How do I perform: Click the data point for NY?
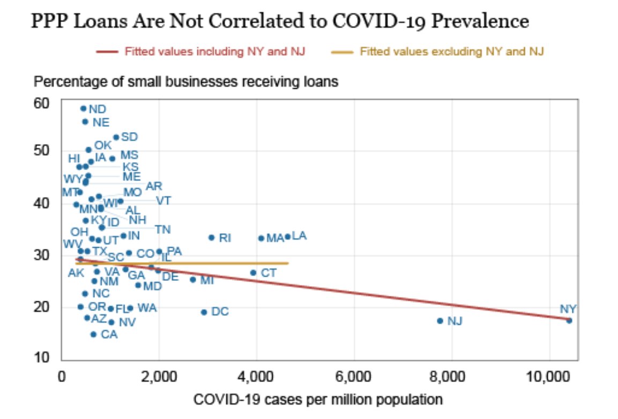[569, 321]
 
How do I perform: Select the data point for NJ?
[440, 321]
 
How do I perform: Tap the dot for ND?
[83, 109]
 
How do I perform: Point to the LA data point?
[287, 237]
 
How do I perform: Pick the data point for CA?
[93, 334]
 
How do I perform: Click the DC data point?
[204, 312]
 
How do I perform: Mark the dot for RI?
[211, 238]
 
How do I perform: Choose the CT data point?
[253, 273]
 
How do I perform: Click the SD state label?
[129, 137]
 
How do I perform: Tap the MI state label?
[207, 280]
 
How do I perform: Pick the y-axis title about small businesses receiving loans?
[186, 82]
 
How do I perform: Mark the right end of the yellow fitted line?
[288, 263]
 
